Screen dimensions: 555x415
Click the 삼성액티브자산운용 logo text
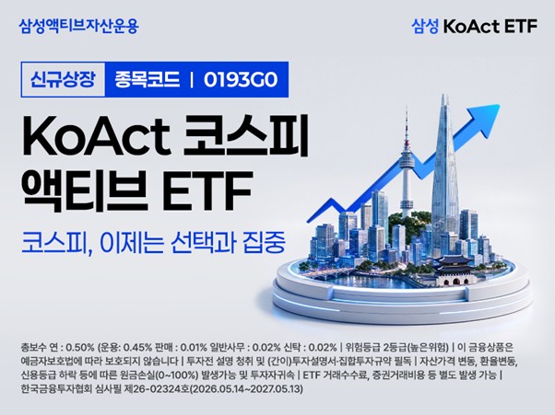coord(79,26)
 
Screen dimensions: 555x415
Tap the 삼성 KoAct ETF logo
coord(474,26)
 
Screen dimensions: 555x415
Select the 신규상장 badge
coord(63,79)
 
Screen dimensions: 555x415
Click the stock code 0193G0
coord(241,80)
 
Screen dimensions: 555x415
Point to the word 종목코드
coord(147,80)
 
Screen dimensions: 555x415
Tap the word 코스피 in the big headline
coord(245,135)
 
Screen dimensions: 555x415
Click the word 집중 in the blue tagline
coord(264,243)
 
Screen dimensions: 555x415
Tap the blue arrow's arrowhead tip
coord(500,105)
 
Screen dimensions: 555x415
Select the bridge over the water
coord(327,273)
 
